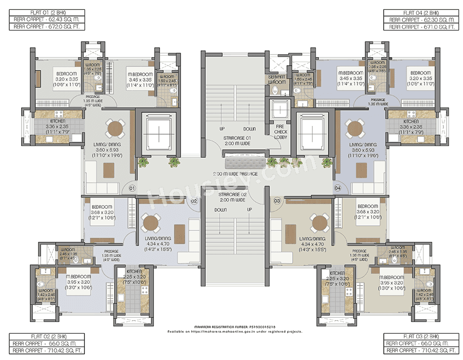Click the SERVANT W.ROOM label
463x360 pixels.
[277, 79]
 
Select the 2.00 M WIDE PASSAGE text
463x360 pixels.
[234, 174]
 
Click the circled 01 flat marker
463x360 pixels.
[132, 188]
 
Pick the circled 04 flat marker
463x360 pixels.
[337, 188]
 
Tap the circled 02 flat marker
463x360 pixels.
[194, 201]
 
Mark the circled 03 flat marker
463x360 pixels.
[277, 201]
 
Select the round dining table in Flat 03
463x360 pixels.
[318, 223]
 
